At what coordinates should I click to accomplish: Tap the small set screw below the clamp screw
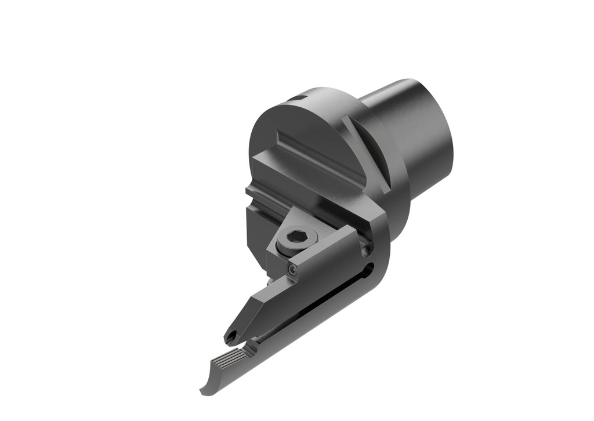(x=292, y=270)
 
